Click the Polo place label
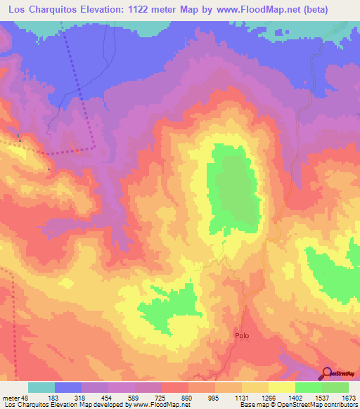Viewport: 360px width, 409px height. point(241,336)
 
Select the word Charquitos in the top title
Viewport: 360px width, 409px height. point(58,10)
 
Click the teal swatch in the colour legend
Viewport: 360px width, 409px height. point(41,387)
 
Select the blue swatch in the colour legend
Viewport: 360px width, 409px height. point(68,387)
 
